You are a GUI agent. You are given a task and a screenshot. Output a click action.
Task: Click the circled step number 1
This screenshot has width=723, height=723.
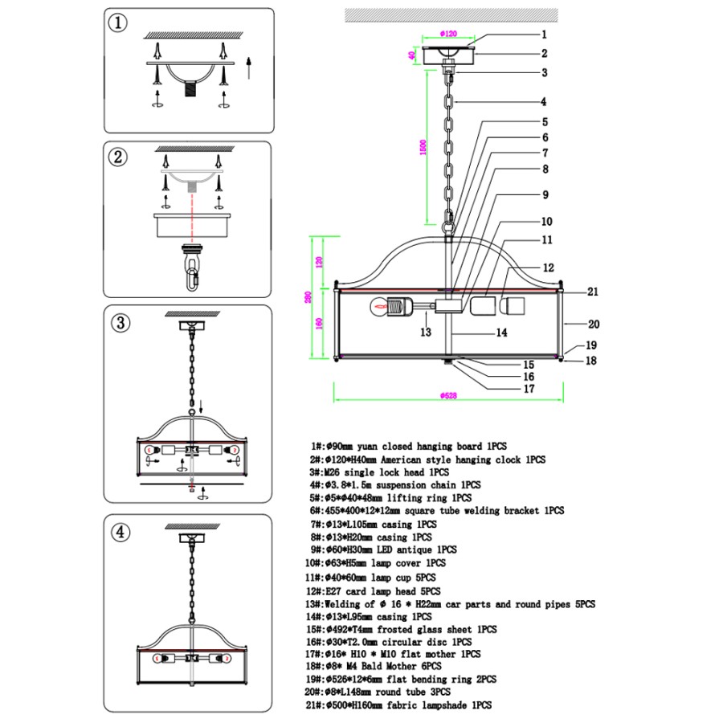(x=118, y=22)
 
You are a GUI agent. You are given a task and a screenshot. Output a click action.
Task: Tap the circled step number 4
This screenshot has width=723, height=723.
(x=120, y=533)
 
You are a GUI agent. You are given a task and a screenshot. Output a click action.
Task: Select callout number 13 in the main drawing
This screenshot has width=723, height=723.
(x=426, y=332)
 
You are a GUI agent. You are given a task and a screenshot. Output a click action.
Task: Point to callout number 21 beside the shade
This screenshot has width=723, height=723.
(x=593, y=292)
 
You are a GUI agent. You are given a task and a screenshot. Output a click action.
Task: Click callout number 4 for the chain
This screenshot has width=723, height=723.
(x=544, y=102)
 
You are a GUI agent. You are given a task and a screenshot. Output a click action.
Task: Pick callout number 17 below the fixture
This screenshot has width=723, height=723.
(x=529, y=389)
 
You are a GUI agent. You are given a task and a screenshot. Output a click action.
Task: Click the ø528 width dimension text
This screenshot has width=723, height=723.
(x=448, y=395)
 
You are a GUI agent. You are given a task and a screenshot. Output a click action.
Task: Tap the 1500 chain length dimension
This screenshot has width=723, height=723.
(x=423, y=148)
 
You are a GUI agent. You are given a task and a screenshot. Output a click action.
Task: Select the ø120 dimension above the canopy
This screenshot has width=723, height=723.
(x=448, y=34)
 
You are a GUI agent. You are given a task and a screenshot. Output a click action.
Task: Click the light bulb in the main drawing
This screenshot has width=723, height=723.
(x=379, y=307)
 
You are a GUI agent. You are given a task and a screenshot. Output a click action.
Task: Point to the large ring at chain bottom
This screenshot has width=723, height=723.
(x=448, y=228)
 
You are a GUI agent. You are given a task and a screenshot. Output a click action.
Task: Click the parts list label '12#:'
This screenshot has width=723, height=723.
(x=315, y=591)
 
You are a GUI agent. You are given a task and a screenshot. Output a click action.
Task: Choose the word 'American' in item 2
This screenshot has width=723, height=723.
(x=401, y=460)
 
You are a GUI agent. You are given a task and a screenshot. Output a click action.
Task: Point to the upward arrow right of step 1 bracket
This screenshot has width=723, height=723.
(x=249, y=68)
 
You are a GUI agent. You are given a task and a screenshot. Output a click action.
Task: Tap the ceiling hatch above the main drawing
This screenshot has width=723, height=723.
(x=451, y=15)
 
